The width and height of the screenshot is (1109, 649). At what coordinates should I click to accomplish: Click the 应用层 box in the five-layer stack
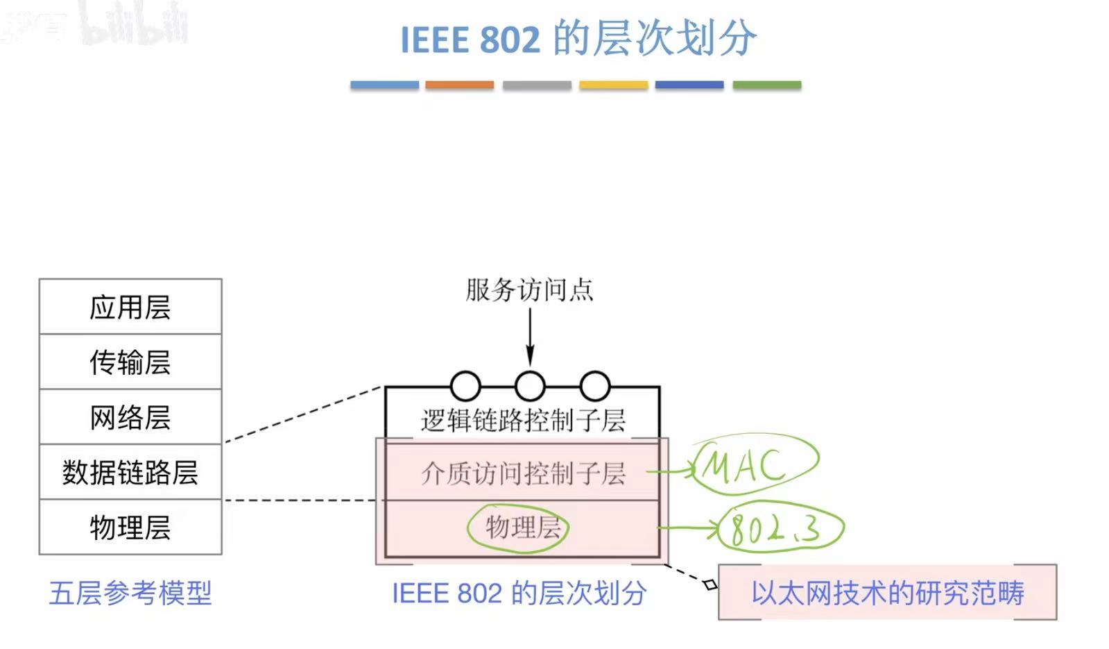click(130, 307)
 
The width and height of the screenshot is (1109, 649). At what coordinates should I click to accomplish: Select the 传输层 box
click(130, 362)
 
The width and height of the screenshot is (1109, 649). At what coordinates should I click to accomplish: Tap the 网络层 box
click(130, 417)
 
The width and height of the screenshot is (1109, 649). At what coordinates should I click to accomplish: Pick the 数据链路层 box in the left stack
click(130, 472)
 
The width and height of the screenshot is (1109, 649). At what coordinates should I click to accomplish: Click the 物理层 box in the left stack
click(130, 528)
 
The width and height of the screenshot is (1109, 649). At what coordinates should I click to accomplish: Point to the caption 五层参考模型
click(130, 593)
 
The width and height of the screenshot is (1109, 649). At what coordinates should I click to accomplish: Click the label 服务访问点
click(529, 289)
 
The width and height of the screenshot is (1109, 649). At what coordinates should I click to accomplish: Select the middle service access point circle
click(530, 386)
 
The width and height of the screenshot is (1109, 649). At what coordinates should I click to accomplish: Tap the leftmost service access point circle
click(465, 386)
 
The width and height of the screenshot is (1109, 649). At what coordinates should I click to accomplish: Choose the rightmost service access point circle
click(594, 386)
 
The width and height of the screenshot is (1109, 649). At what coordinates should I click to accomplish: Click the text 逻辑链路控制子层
click(523, 420)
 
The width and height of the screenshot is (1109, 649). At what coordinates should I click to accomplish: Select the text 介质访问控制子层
click(523, 473)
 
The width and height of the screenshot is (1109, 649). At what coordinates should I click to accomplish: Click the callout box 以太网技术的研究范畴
click(887, 593)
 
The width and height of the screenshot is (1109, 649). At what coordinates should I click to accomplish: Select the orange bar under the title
click(459, 85)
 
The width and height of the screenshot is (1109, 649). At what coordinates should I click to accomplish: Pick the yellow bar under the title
click(613, 85)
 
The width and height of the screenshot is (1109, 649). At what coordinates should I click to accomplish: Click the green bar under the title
click(766, 85)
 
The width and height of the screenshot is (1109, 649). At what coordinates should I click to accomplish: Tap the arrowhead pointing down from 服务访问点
click(530, 357)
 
